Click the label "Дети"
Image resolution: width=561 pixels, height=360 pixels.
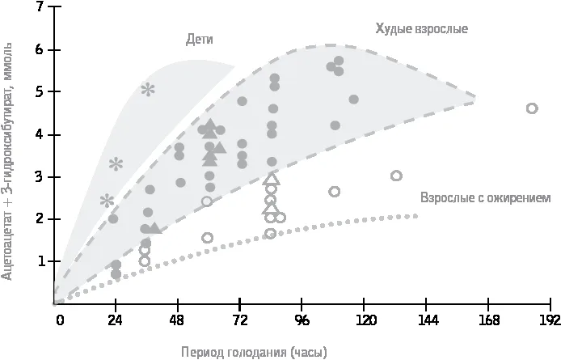coord(200,39)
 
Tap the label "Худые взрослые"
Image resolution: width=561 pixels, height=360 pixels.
coord(421,28)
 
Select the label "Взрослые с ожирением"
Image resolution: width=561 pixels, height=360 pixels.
coord(486,197)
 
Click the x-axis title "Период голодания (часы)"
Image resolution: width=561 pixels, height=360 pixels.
coord(254,352)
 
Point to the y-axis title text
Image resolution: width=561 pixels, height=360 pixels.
coord(7,161)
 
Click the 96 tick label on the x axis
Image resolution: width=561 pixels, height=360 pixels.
coord(302,320)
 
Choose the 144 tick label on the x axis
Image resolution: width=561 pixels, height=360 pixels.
coord(428,320)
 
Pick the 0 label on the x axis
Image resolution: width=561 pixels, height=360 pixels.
coord(60,320)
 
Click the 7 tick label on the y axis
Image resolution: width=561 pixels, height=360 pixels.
coord(40,6)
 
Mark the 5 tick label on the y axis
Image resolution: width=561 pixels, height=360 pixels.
coord(40,91)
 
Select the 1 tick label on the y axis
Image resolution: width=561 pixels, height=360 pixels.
coord(40,261)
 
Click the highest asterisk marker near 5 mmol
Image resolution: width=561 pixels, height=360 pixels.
coord(148,90)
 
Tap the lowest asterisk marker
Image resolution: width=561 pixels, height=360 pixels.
coord(107,201)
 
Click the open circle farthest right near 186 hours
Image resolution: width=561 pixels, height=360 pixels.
coord(532,108)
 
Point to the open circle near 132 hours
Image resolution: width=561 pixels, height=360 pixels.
coord(396,176)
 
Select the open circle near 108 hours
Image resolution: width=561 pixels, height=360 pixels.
coord(334,191)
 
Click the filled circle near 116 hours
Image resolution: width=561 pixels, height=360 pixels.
coord(353,100)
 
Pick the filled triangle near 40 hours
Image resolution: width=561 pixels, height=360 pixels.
coord(154,228)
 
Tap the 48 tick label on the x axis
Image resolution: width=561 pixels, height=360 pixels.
coord(177,320)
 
